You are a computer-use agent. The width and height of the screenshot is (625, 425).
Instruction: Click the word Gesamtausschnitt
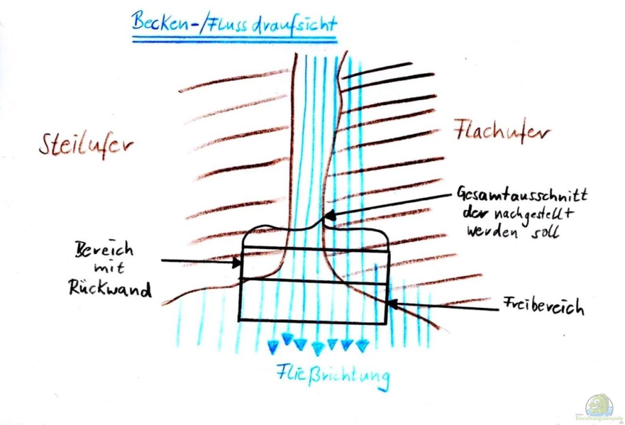[x=522, y=194]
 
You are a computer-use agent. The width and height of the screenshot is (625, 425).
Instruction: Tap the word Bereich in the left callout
[x=104, y=249]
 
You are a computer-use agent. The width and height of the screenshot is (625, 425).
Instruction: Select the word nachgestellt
[x=534, y=215]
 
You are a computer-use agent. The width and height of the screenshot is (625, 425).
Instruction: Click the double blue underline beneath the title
[x=235, y=39]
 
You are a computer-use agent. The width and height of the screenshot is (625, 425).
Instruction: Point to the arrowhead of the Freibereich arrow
[x=392, y=303]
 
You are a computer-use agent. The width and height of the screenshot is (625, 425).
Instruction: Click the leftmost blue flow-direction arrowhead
[x=273, y=346]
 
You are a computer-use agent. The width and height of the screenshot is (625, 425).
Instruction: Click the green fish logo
[x=599, y=405]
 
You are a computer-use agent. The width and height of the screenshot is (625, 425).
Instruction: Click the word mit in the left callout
[x=109, y=269]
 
